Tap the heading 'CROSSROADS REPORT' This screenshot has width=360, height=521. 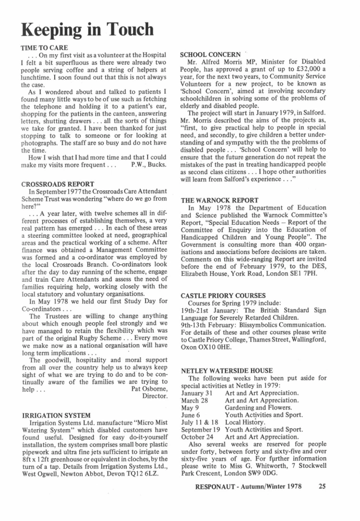pos(57,184)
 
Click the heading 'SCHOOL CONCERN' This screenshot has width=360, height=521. pos(210,54)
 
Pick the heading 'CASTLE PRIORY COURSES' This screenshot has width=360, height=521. pos(223,295)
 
